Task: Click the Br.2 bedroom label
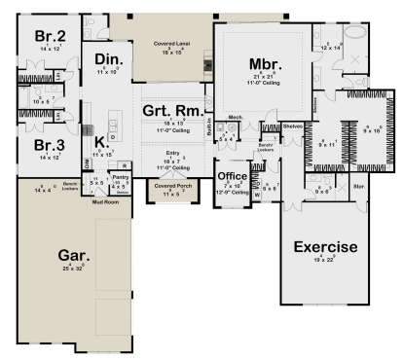51,37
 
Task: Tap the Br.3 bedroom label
51,146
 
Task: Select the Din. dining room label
106,61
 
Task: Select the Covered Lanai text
170,45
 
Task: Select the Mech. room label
235,118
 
